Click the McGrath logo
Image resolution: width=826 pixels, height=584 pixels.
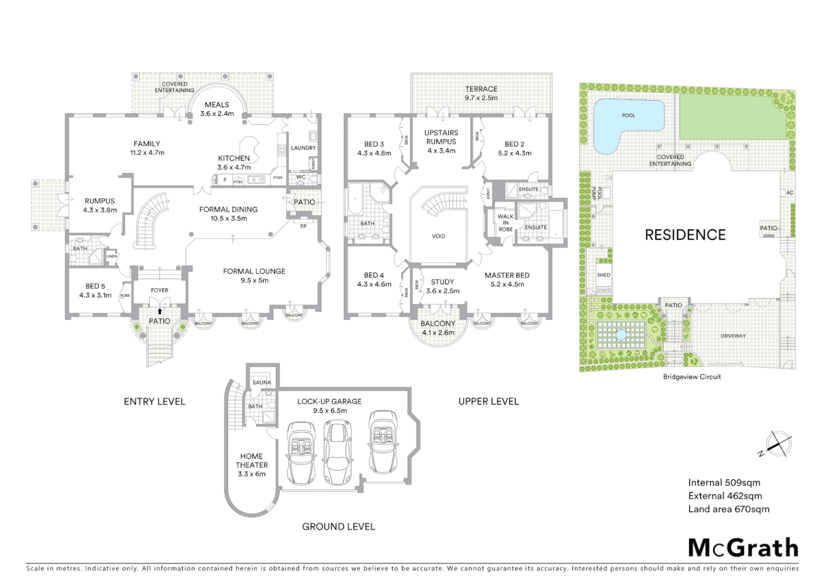coord(743,548)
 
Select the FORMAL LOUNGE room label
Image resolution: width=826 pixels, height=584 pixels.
coord(254,275)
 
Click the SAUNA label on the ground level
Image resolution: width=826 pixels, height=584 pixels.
coord(262,382)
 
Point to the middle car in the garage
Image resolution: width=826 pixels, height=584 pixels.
coord(336,448)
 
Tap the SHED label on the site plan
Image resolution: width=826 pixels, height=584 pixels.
coord(603,275)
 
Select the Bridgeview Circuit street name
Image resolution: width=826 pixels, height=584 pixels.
coord(691,376)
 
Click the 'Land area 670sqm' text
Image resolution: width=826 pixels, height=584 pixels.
coord(728,509)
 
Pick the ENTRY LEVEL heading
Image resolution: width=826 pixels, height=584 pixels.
coord(155,401)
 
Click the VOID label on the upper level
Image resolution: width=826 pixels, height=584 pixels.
coord(438,236)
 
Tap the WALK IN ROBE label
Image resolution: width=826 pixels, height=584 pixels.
coord(505,223)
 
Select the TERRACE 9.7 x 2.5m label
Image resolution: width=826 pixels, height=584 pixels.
coord(481,93)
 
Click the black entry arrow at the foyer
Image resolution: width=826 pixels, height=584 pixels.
coord(159,311)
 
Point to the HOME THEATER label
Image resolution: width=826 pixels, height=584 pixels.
coord(251,464)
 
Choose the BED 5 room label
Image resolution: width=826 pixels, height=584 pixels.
coord(95,290)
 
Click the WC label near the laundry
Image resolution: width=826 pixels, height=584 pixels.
coord(301,177)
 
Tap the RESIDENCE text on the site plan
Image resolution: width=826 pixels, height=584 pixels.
coord(685,235)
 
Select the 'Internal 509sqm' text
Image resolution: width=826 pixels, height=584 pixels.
coord(724,482)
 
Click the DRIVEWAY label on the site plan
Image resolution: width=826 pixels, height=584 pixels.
coord(732,336)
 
